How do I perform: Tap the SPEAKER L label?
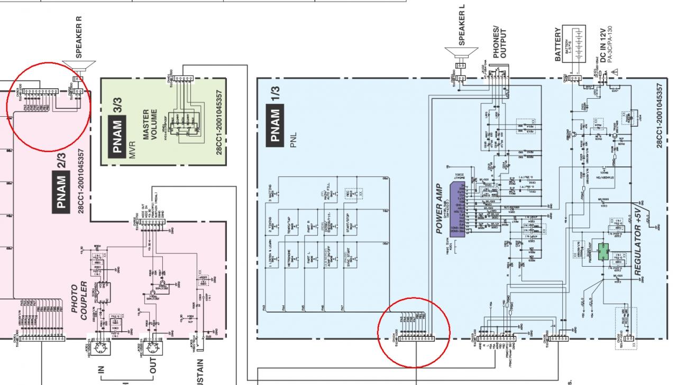[463, 26]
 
